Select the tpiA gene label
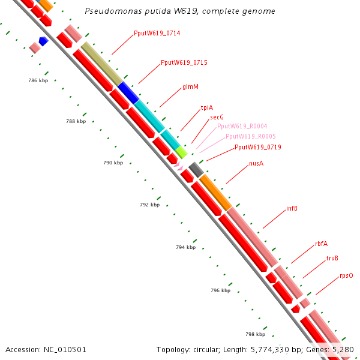coord(206,107)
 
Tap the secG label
coord(217,117)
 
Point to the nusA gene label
coord(256,163)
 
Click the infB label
coord(292,209)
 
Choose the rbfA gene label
coord(321,244)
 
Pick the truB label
coord(332,258)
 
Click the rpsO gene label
coord(346,276)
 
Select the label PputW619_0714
coord(157,33)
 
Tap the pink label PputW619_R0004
coord(242,126)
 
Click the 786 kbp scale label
coord(38,80)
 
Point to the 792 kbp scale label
coord(149,205)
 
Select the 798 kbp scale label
coord(255,334)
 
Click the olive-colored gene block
coord(102,63)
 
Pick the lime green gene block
coord(181,152)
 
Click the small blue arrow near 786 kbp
coord(43,41)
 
